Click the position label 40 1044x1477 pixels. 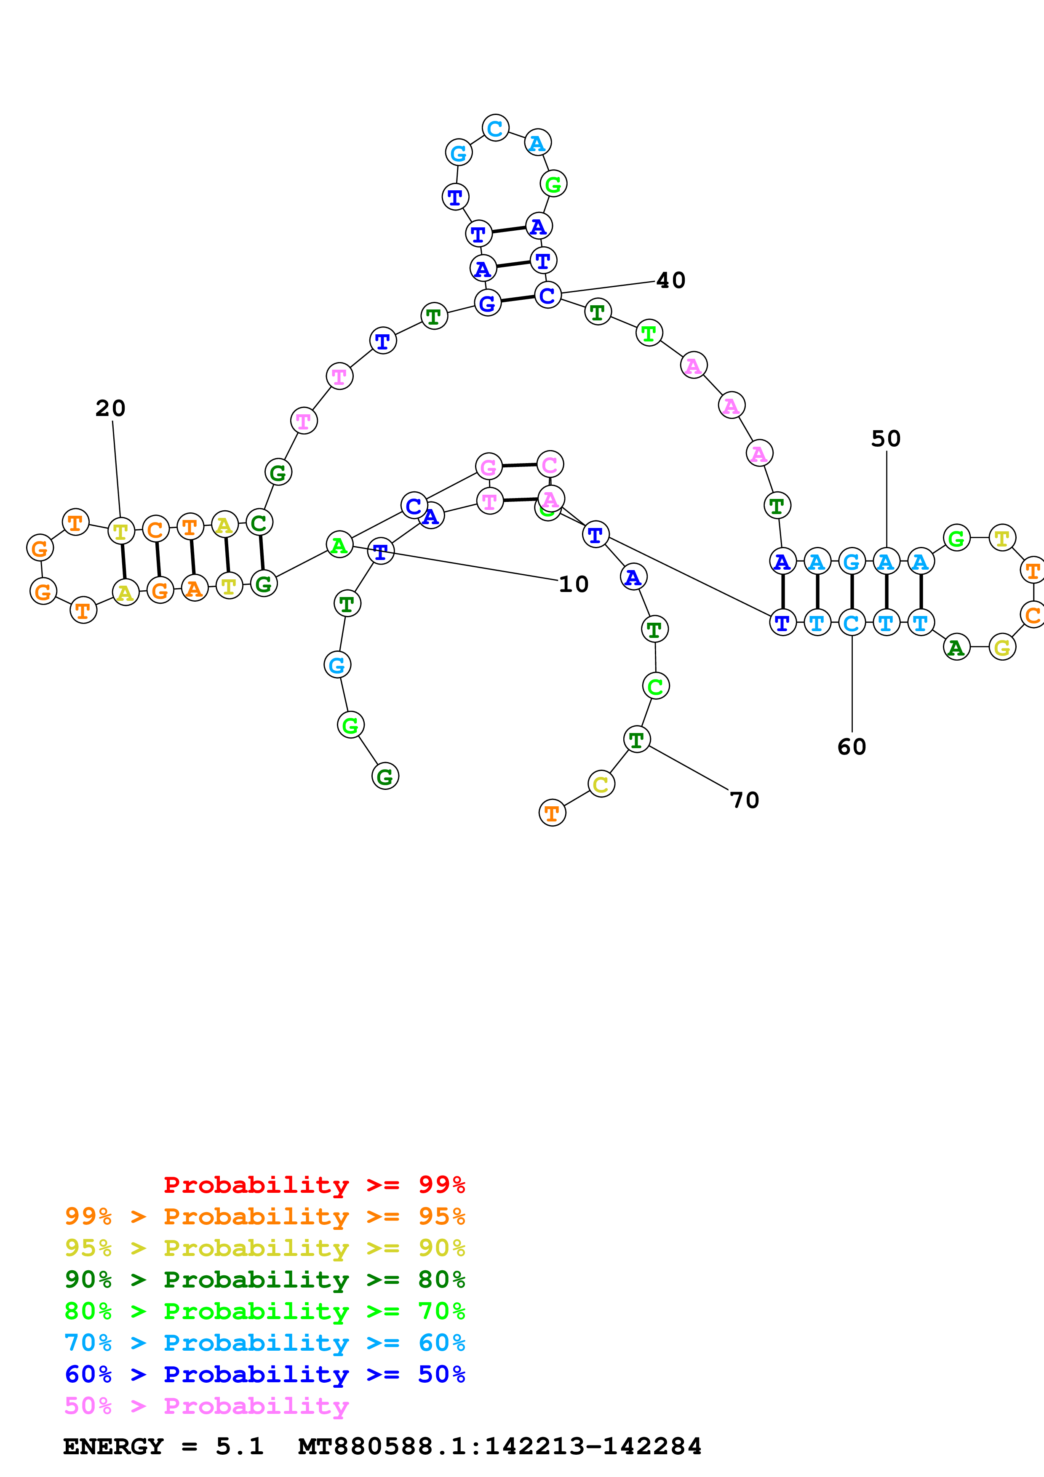[670, 280]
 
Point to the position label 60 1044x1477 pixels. [851, 747]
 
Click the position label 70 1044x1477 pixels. [744, 800]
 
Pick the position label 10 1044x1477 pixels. [573, 584]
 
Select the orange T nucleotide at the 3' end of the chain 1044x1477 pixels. [552, 813]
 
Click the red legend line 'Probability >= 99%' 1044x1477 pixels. [314, 1185]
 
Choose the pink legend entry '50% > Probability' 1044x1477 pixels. [206, 1406]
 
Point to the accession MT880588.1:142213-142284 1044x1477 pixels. [499, 1447]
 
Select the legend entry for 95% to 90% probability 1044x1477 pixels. [264, 1248]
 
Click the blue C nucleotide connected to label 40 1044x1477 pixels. [547, 295]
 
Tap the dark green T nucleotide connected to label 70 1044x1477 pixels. [637, 740]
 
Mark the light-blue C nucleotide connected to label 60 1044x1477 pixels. [852, 623]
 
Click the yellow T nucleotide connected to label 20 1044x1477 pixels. [121, 531]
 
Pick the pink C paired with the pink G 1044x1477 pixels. [550, 464]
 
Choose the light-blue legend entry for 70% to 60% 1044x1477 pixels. [264, 1343]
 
